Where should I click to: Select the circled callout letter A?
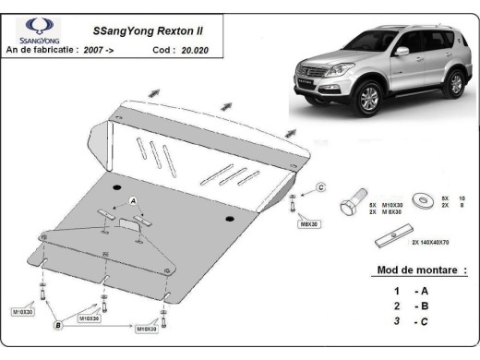pos(133,200)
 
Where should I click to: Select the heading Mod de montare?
pos(422,270)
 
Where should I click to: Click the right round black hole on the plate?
pos(229,219)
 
